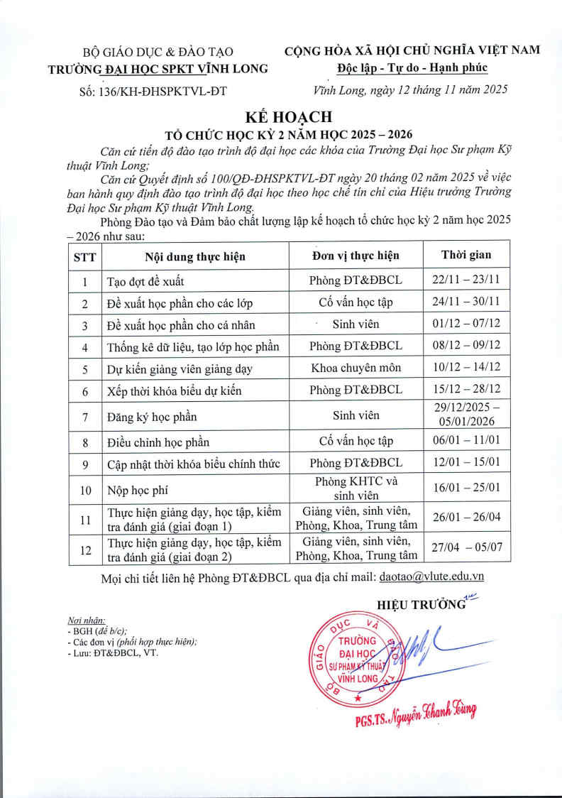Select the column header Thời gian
coord(465,255)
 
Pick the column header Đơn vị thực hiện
coord(356,256)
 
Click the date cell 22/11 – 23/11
coord(465,280)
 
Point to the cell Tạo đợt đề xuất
coord(145,280)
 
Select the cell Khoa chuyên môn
coord(356,368)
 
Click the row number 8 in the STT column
coord(84,442)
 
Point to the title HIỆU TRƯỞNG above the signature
coord(421,605)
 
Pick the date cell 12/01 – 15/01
coord(465,464)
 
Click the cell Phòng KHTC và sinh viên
coord(356,488)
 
